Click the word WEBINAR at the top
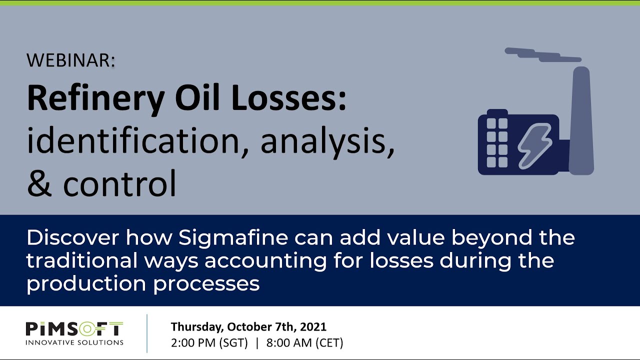70,60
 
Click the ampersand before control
40,183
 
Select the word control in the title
120,183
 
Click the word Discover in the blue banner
72,238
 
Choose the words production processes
143,283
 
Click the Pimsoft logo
74,329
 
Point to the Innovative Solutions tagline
74,342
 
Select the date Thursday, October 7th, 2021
248,327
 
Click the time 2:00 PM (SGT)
209,343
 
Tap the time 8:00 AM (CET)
304,343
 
